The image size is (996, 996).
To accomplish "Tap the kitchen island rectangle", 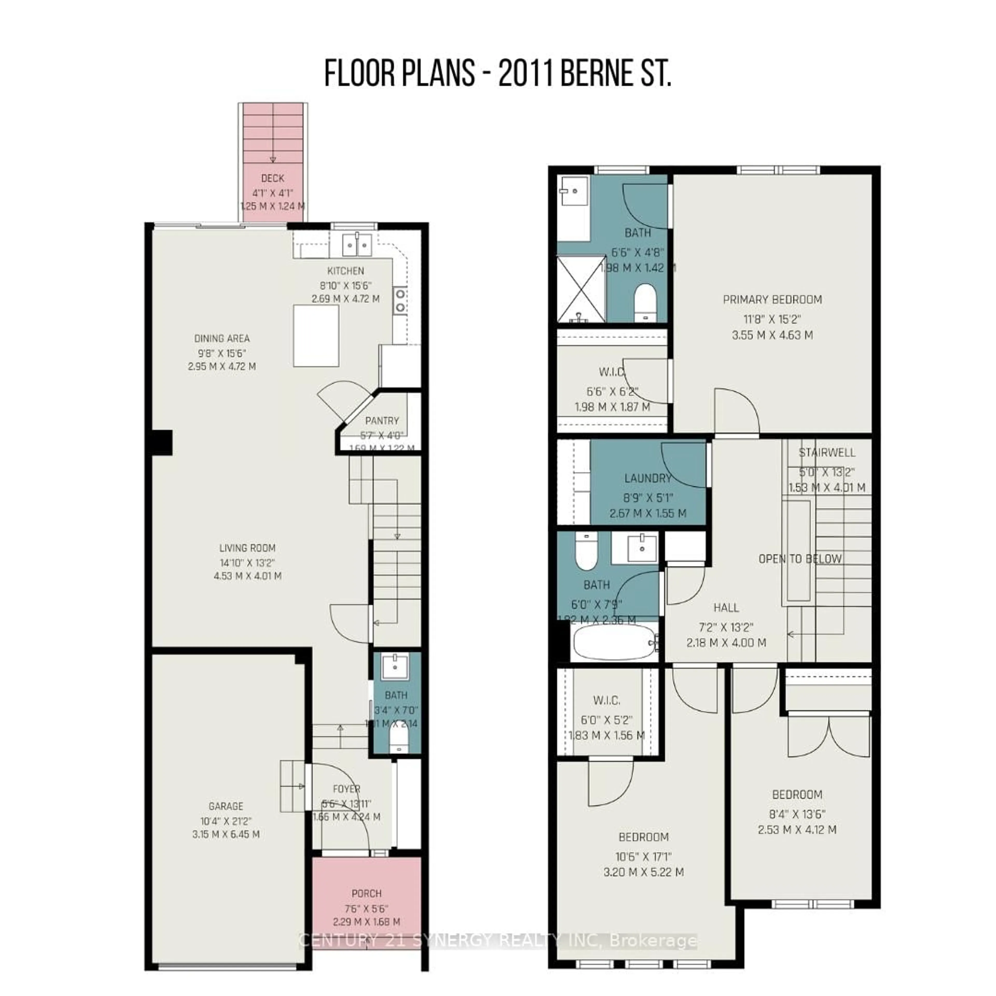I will tap(316, 336).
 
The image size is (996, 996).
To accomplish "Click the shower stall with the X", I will tap(581, 289).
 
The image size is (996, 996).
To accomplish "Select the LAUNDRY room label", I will tap(647, 478).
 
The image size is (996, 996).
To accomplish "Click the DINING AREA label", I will tap(222, 339).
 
